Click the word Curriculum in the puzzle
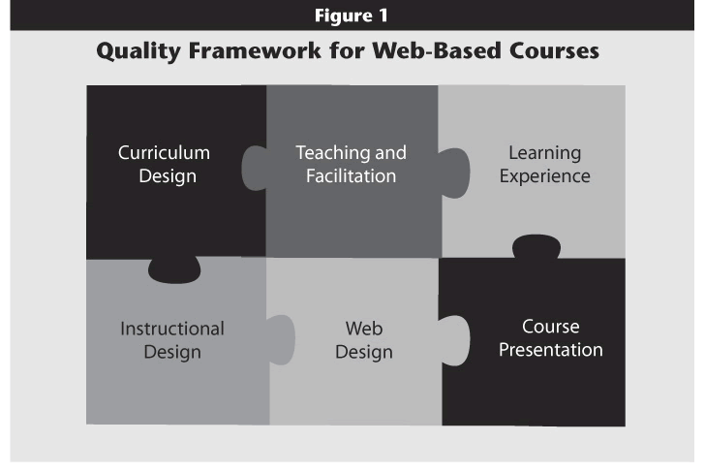pos(164,152)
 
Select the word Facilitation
pos(352,176)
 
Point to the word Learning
pos(545,153)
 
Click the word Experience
pos(545,176)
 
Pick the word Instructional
pos(172,329)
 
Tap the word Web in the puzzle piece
pos(364,329)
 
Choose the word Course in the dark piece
pos(551,327)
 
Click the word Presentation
pos(551,350)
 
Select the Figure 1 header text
pos(352,16)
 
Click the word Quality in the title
pos(138,50)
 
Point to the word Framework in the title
pos(255,50)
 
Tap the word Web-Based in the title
pos(437,50)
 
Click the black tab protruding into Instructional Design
pos(174,270)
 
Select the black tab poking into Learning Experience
pos(536,246)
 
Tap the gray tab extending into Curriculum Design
pos(255,168)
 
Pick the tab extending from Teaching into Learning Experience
pos(454,173)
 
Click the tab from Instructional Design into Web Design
pos(281,340)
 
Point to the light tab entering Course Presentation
pos(454,340)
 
